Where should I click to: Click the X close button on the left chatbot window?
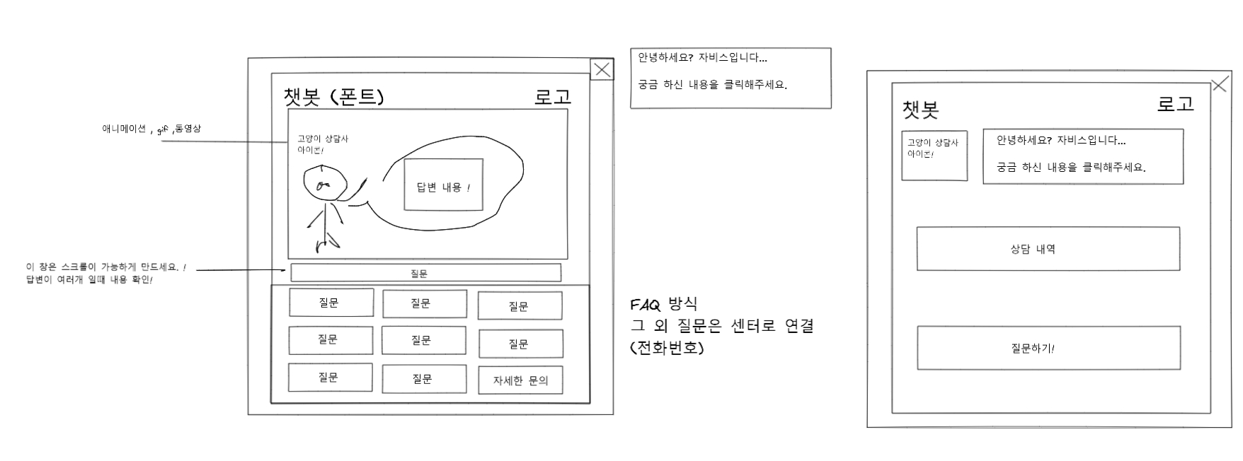[602, 69]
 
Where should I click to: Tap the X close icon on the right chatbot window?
[1219, 85]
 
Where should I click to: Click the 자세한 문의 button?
[520, 380]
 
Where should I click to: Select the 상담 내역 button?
[1048, 249]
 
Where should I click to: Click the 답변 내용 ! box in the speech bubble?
[443, 185]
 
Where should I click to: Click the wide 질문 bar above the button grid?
[425, 273]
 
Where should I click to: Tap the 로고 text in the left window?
[552, 97]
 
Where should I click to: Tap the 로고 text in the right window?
[1175, 105]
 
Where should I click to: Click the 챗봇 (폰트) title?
[333, 96]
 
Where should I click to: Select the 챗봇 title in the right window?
[920, 110]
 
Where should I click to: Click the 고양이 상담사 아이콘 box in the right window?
[934, 156]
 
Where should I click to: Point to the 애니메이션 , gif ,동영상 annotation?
[151, 129]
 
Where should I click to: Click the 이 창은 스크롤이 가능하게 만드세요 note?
[106, 268]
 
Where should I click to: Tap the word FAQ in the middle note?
[645, 305]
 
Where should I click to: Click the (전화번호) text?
[667, 348]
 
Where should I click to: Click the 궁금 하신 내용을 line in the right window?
[1070, 168]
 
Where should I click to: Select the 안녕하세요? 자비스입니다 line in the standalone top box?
[702, 58]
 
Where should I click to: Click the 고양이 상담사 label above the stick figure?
[322, 139]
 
